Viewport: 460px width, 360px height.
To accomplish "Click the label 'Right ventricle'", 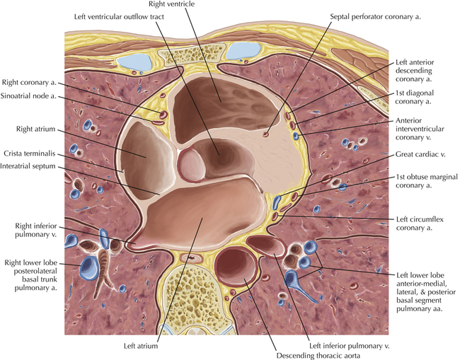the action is click(x=171, y=4).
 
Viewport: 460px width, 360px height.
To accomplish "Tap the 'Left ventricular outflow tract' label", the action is click(x=119, y=17).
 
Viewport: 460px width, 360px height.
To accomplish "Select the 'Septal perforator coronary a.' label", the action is click(x=375, y=17).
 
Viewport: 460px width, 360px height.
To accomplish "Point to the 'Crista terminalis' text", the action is click(x=29, y=153).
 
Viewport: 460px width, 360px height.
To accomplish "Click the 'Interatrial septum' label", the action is click(x=28, y=166).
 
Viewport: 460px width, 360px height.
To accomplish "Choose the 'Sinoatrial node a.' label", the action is click(x=28, y=96).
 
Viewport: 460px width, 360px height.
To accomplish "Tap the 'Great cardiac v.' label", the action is click(x=420, y=154).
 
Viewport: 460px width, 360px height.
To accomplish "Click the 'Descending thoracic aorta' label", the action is click(x=318, y=356).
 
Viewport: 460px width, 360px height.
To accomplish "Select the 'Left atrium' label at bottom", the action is click(x=141, y=346).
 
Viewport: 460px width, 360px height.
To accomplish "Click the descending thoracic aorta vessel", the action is click(x=236, y=266).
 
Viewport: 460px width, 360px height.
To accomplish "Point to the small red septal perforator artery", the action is click(x=266, y=134).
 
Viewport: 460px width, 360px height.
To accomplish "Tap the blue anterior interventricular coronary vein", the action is click(x=296, y=136).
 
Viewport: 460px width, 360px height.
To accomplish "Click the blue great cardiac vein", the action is click(x=276, y=202).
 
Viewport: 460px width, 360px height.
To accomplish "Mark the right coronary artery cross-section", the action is click(x=163, y=115).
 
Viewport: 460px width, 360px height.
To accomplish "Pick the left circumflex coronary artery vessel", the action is click(x=275, y=216).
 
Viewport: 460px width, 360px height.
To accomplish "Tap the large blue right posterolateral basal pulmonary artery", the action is click(x=89, y=268).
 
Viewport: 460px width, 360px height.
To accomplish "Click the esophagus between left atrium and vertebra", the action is click(x=191, y=258).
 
